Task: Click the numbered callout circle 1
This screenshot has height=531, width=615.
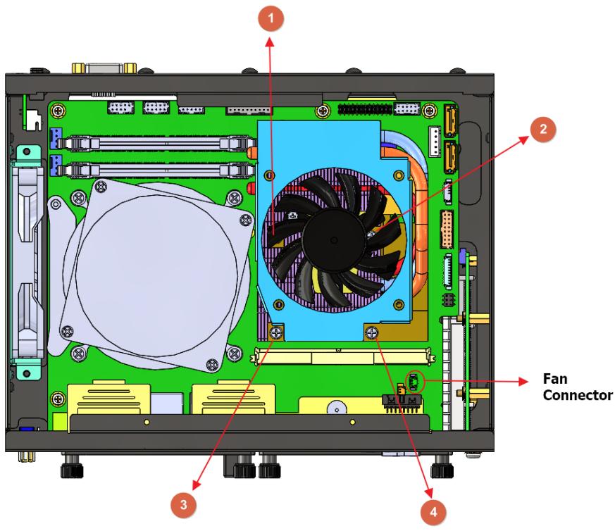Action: (271, 18)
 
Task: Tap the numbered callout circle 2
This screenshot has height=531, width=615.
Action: (543, 129)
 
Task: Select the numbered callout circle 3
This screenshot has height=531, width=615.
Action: (183, 504)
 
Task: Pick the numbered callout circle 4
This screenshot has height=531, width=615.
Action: (433, 512)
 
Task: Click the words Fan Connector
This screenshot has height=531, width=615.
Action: (578, 387)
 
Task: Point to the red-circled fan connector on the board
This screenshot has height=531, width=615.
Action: (414, 382)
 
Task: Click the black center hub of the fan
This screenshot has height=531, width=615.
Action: (334, 240)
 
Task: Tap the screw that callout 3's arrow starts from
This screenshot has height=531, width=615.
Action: (277, 333)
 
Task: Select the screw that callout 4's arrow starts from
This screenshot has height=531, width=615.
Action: (371, 333)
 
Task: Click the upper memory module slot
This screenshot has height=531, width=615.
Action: (157, 142)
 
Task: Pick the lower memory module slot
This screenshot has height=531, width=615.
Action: (157, 170)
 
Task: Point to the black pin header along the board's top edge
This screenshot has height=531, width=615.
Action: (365, 108)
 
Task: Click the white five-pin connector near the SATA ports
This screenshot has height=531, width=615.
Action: (435, 142)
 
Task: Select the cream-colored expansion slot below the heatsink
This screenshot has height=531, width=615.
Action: (343, 356)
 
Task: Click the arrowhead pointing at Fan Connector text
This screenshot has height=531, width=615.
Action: (523, 381)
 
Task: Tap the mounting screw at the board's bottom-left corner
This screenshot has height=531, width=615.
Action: (58, 399)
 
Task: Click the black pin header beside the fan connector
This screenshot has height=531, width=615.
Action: (402, 403)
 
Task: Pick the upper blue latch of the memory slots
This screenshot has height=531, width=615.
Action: (56, 138)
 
